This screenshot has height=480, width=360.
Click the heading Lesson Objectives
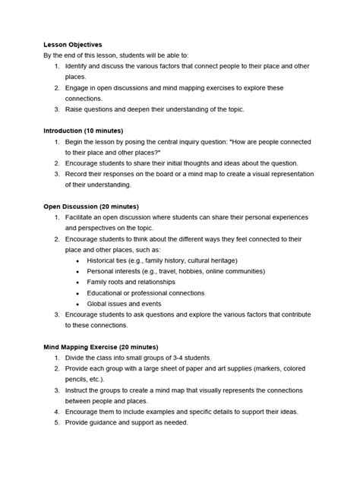[x=72, y=45]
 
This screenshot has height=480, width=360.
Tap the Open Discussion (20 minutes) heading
[x=90, y=206]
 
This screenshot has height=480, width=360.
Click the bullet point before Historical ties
[x=79, y=260]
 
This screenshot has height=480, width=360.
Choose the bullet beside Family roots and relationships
[x=79, y=281]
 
